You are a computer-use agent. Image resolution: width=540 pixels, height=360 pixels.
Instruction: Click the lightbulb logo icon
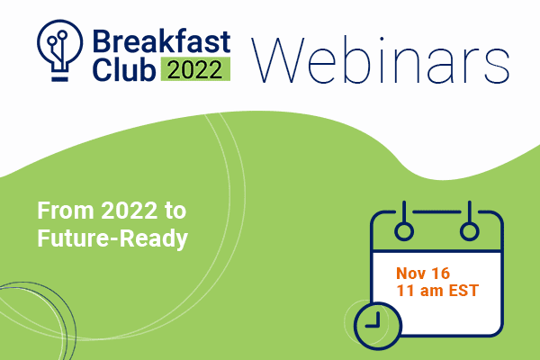coord(60,50)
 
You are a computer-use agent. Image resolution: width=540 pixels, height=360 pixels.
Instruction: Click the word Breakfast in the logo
coord(161,41)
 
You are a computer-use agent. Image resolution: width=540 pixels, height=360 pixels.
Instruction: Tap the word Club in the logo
coord(124,69)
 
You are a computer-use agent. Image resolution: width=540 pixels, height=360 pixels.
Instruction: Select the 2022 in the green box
coord(195,70)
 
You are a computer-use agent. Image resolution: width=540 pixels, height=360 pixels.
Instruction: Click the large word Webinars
coord(380,60)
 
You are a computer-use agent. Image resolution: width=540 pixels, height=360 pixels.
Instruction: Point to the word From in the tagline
coord(66,210)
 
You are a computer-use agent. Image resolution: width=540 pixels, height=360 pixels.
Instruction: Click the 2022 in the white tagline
coord(129,210)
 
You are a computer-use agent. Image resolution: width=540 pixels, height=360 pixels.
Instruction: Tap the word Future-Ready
coord(112,238)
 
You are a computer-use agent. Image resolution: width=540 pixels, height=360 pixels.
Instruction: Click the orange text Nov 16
coord(423,274)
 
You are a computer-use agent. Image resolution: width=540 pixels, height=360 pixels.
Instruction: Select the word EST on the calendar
coord(463,290)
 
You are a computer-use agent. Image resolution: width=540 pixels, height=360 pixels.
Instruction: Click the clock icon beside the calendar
coord(378,326)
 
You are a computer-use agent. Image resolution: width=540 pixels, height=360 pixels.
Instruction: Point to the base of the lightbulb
coord(60,79)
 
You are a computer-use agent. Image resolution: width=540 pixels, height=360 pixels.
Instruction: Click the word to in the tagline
coord(175,211)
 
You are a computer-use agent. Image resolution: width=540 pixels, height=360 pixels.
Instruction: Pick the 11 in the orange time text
coord(405,290)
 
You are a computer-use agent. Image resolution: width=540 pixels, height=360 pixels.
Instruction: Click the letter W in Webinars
coord(278,60)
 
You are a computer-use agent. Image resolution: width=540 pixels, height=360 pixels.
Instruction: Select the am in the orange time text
coord(431,291)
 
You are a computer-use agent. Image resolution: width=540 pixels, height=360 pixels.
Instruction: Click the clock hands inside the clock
coord(373,320)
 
